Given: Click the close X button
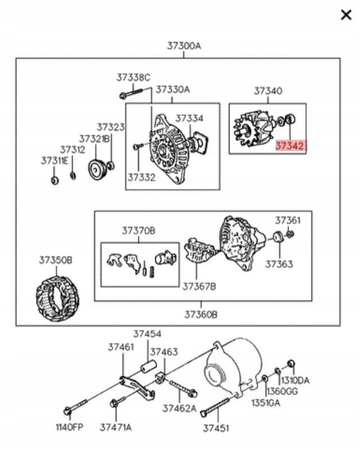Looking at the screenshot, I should (x=346, y=15).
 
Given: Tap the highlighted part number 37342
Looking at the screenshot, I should (x=290, y=146).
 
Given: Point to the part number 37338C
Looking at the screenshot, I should (x=133, y=78).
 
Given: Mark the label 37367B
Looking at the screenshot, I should (x=199, y=286).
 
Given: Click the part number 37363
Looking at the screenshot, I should (x=279, y=264).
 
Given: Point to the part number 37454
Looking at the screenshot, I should (x=147, y=334).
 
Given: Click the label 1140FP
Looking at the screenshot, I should (x=69, y=427).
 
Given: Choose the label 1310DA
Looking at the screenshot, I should (x=295, y=380).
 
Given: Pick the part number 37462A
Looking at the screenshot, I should (x=179, y=408).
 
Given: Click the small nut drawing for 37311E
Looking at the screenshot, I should (x=55, y=181).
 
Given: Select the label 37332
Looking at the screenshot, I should (x=141, y=177).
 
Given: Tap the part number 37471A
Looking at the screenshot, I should (x=116, y=427).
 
